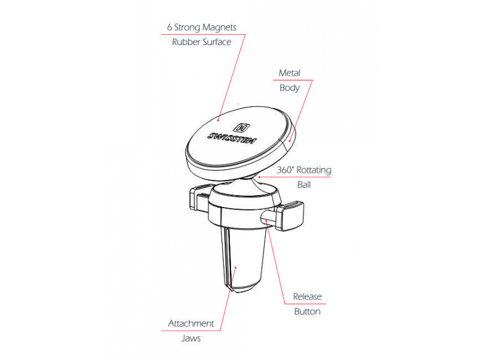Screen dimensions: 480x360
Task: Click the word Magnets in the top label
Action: (219, 28)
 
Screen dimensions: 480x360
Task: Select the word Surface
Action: (217, 42)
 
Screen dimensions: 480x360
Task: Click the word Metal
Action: (289, 73)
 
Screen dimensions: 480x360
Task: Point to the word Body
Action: (289, 88)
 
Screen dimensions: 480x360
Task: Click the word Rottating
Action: (314, 170)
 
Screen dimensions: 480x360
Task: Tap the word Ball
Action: (304, 185)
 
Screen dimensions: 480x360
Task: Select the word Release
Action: (307, 296)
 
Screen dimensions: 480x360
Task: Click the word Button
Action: (307, 311)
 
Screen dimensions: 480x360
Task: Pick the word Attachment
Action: (191, 323)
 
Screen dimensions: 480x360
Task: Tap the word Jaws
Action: (191, 338)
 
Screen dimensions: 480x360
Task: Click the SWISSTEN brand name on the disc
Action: (232, 139)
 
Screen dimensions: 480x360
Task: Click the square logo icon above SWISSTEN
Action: (242, 127)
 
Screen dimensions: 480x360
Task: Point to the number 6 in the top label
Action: (169, 27)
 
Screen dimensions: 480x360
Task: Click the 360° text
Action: (286, 170)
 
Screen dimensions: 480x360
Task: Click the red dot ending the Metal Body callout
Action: (289, 141)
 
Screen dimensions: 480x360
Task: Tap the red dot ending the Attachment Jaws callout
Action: (235, 267)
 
